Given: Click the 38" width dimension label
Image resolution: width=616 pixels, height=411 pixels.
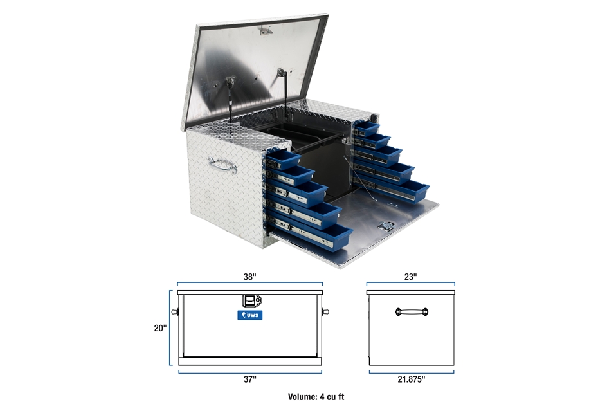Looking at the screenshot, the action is tap(250, 277).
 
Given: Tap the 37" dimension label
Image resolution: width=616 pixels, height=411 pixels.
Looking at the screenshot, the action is tap(250, 379).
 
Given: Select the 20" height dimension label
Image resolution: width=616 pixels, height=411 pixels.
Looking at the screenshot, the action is tap(160, 327).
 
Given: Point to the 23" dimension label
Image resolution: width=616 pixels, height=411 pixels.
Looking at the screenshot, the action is tap(410, 277).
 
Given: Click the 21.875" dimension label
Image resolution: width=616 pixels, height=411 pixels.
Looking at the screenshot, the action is tap(412, 379).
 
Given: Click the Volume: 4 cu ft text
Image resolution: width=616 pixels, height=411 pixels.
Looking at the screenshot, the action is tap(316, 397).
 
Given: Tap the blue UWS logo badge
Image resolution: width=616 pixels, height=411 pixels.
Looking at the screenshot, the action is tap(250, 315).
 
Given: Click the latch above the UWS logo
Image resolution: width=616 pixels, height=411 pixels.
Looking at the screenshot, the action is tap(252, 302).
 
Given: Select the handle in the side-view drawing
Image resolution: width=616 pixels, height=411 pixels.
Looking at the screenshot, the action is tap(412, 312).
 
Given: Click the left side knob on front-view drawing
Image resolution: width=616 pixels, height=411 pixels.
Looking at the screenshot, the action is tap(175, 312).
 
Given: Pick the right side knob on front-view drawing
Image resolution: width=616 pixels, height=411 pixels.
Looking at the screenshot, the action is tap(325, 312).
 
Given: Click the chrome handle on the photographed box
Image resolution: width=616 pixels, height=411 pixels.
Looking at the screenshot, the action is tap(222, 165).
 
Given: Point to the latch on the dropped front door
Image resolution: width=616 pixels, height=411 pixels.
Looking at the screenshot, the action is tap(386, 226).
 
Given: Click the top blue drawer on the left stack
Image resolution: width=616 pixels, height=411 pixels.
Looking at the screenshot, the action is tap(283, 160).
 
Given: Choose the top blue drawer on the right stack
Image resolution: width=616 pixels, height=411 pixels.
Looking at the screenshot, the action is tap(367, 129).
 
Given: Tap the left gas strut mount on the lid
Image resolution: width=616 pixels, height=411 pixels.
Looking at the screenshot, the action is tap(230, 82).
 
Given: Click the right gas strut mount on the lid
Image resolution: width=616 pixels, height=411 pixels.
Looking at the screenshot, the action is tap(281, 73).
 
